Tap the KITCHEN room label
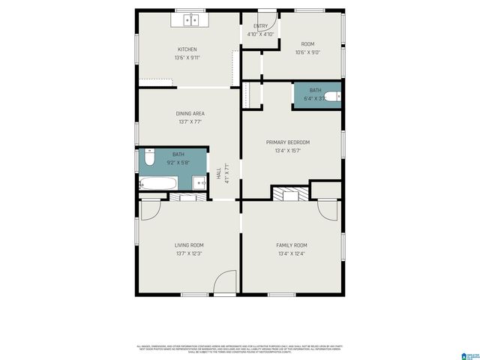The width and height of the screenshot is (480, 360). tap(187, 49)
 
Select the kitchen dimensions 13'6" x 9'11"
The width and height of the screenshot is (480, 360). tap(187, 57)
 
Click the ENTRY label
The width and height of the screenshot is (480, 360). tap(260, 26)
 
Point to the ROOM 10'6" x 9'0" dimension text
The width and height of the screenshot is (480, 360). tap(307, 52)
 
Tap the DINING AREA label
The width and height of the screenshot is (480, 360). tap(190, 113)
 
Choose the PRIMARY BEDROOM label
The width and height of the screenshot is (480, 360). tap(288, 142)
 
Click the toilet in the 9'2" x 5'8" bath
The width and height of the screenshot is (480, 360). tap(149, 159)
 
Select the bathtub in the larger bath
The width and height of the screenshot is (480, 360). tap(158, 184)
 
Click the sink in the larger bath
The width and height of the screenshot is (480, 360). tap(199, 182)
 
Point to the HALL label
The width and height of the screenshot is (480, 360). tap(218, 172)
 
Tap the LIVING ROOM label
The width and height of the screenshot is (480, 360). tap(189, 245)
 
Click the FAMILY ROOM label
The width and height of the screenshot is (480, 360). tap(291, 245)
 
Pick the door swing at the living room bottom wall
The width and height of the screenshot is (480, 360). tap(224, 283)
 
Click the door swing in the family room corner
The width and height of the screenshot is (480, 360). tap(328, 209)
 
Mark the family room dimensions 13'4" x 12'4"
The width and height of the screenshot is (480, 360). tap(291, 253)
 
